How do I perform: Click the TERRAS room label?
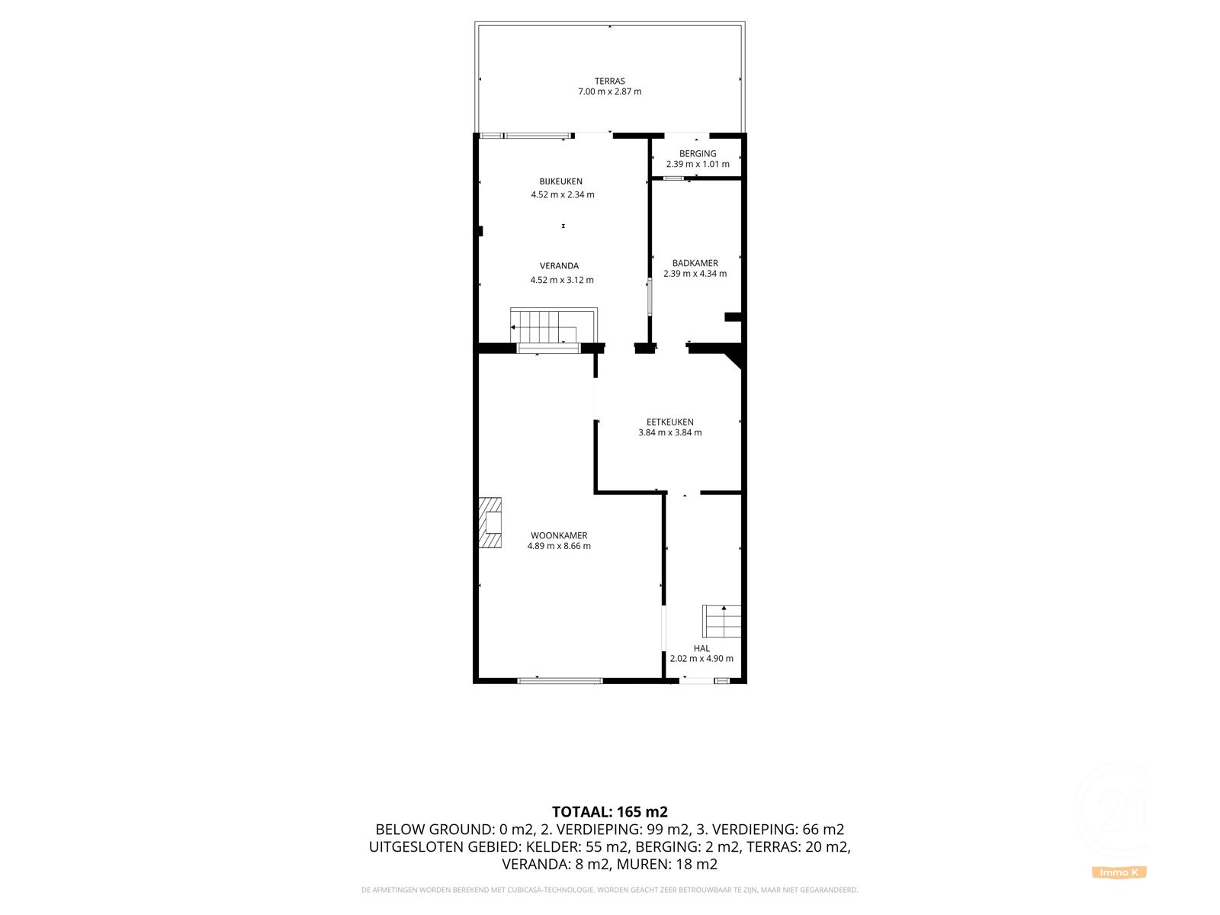[609, 81]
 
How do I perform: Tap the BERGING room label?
[698, 154]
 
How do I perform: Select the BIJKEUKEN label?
[560, 181]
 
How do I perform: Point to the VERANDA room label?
[559, 265]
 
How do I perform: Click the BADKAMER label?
[695, 263]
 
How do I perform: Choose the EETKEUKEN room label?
[669, 422]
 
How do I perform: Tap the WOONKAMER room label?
[559, 535]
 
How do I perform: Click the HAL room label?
[701, 648]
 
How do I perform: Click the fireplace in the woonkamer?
[490, 522]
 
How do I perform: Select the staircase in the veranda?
[554, 326]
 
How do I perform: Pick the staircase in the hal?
[721, 621]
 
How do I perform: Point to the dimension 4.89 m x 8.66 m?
[559, 546]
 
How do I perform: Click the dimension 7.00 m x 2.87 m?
[609, 91]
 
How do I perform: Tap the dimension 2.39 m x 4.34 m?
[695, 273]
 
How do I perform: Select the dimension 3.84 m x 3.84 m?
[669, 432]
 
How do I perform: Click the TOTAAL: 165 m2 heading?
[610, 811]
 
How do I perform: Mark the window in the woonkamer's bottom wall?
[560, 681]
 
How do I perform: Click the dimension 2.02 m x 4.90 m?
[701, 658]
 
